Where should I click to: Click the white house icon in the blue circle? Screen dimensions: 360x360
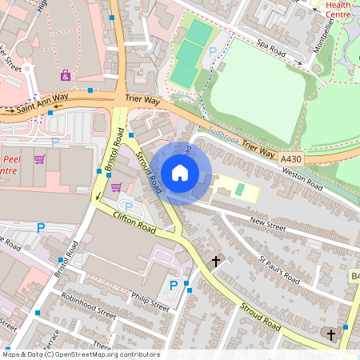click(x=180, y=173)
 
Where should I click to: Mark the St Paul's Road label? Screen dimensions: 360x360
click(x=280, y=270)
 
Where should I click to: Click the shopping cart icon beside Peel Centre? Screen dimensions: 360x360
click(x=39, y=159)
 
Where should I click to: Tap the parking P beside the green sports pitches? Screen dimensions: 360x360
click(x=212, y=51)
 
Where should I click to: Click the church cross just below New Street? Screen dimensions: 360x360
click(x=215, y=261)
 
